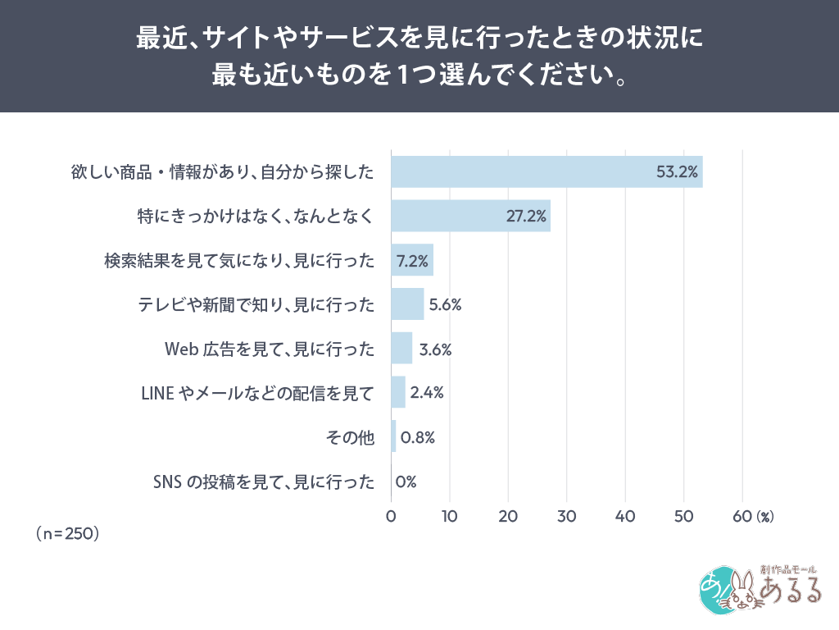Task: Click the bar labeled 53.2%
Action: tap(546, 171)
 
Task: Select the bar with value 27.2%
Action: tap(470, 216)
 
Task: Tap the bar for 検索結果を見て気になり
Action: tap(412, 260)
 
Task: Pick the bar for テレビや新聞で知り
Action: tap(407, 304)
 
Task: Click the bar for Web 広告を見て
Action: tap(401, 349)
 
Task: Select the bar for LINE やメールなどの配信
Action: tap(398, 392)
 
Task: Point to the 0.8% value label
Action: tap(417, 437)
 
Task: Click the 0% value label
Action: tap(406, 482)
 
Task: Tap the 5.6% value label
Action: tap(446, 305)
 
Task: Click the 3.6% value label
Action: tap(435, 349)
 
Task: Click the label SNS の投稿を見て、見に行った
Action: tap(264, 482)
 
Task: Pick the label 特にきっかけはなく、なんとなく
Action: tap(256, 217)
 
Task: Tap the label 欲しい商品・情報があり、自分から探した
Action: tap(222, 172)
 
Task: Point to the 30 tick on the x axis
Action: tap(567, 517)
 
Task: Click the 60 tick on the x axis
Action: tap(742, 517)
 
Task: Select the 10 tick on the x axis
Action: tap(450, 517)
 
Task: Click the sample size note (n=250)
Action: tap(66, 533)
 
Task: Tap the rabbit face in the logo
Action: tap(744, 591)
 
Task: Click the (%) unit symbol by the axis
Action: tap(765, 517)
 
